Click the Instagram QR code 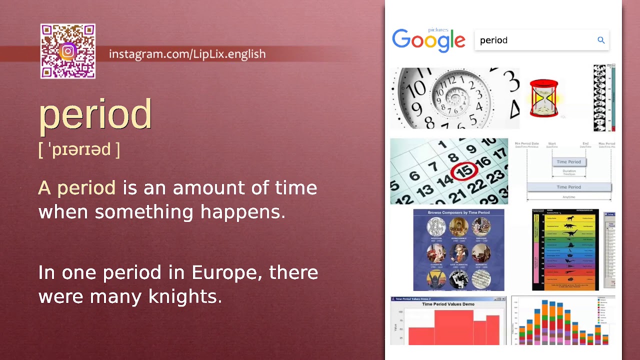(68, 51)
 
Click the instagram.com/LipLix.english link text (187, 54)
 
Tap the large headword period (95, 114)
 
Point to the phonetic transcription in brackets (79, 149)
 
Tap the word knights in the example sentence (185, 296)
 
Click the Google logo (428, 40)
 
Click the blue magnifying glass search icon (601, 40)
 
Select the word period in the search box (493, 40)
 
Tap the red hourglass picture (543, 98)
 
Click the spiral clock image (454, 98)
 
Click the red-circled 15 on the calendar (464, 171)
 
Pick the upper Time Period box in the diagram (569, 161)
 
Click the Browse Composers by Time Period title (458, 213)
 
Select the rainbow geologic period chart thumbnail (565, 249)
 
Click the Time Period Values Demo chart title (448, 304)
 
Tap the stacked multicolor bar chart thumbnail (562, 321)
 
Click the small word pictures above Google (438, 30)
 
